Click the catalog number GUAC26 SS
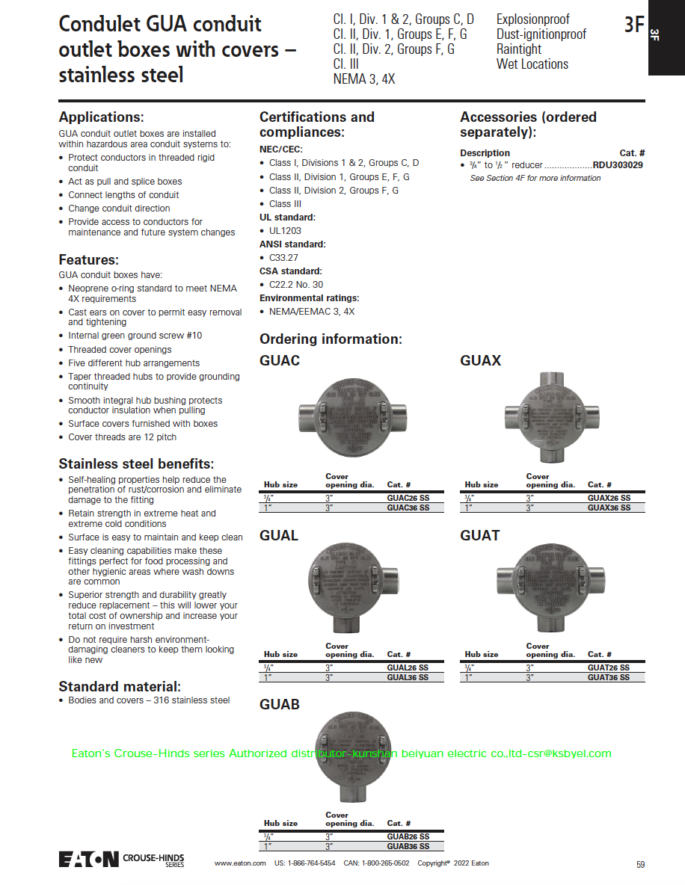click(x=408, y=498)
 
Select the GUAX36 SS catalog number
click(x=609, y=508)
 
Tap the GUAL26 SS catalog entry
click(x=408, y=667)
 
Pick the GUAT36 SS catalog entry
click(x=608, y=677)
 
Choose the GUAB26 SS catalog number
click(x=408, y=836)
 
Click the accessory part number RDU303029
click(x=618, y=165)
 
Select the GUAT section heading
click(x=479, y=535)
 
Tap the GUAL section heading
click(x=279, y=535)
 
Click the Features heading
click(x=89, y=260)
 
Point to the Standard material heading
click(x=120, y=686)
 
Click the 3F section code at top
click(x=634, y=25)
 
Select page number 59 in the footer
click(x=640, y=864)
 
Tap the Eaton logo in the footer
click(x=89, y=859)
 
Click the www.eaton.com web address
click(x=240, y=863)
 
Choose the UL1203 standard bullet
click(x=285, y=231)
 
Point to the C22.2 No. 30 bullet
click(x=296, y=285)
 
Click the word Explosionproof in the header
click(x=532, y=19)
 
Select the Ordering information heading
click(x=331, y=339)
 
